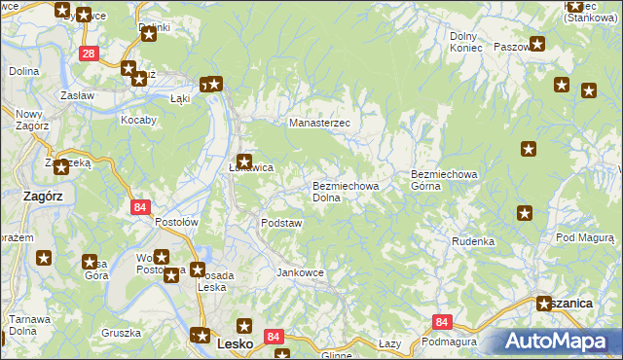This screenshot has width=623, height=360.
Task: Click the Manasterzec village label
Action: click(x=325, y=124)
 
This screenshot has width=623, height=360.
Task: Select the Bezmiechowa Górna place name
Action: click(x=444, y=180)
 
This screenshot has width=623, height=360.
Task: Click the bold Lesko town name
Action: click(x=235, y=343)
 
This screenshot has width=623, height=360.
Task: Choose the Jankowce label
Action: click(x=300, y=272)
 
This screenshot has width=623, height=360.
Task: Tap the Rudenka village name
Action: click(x=473, y=240)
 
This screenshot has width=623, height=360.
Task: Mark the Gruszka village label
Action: click(x=121, y=332)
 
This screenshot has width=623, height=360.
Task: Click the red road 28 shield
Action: click(x=89, y=54)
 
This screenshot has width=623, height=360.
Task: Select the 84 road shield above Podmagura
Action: click(x=443, y=322)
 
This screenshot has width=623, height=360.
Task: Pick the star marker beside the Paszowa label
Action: click(x=537, y=45)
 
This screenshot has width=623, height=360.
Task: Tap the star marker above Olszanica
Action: click(x=544, y=304)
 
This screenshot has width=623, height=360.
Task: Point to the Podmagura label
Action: click(x=449, y=342)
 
